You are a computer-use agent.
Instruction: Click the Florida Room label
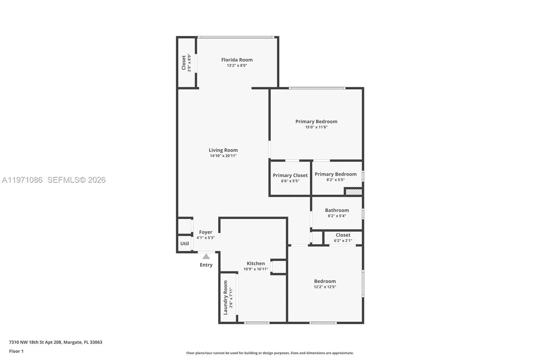tap(237, 60)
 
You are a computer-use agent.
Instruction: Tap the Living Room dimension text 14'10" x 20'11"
tap(223, 156)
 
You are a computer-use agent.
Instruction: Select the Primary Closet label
tap(290, 175)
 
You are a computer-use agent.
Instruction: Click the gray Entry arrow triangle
tap(206, 257)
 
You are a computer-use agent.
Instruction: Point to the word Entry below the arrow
tap(206, 265)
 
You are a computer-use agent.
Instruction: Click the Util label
tap(184, 243)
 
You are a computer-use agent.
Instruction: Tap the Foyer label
tap(206, 232)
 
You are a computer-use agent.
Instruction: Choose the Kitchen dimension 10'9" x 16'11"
tap(255, 269)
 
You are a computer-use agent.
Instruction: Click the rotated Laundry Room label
tap(225, 298)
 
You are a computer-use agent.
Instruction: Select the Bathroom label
tap(337, 210)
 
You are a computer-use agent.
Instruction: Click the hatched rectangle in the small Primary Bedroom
tap(354, 192)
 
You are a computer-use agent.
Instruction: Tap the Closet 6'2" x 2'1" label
tap(343, 235)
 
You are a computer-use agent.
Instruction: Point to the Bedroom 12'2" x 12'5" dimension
tap(325, 287)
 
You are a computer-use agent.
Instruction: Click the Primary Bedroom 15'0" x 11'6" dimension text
tap(316, 127)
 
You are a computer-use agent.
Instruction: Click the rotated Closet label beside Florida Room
tap(184, 63)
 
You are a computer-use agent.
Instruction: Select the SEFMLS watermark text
tap(76, 180)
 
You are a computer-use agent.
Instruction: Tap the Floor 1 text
tap(16, 351)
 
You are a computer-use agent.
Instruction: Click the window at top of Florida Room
tap(236, 37)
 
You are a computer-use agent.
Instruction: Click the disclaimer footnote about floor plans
tap(270, 353)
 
